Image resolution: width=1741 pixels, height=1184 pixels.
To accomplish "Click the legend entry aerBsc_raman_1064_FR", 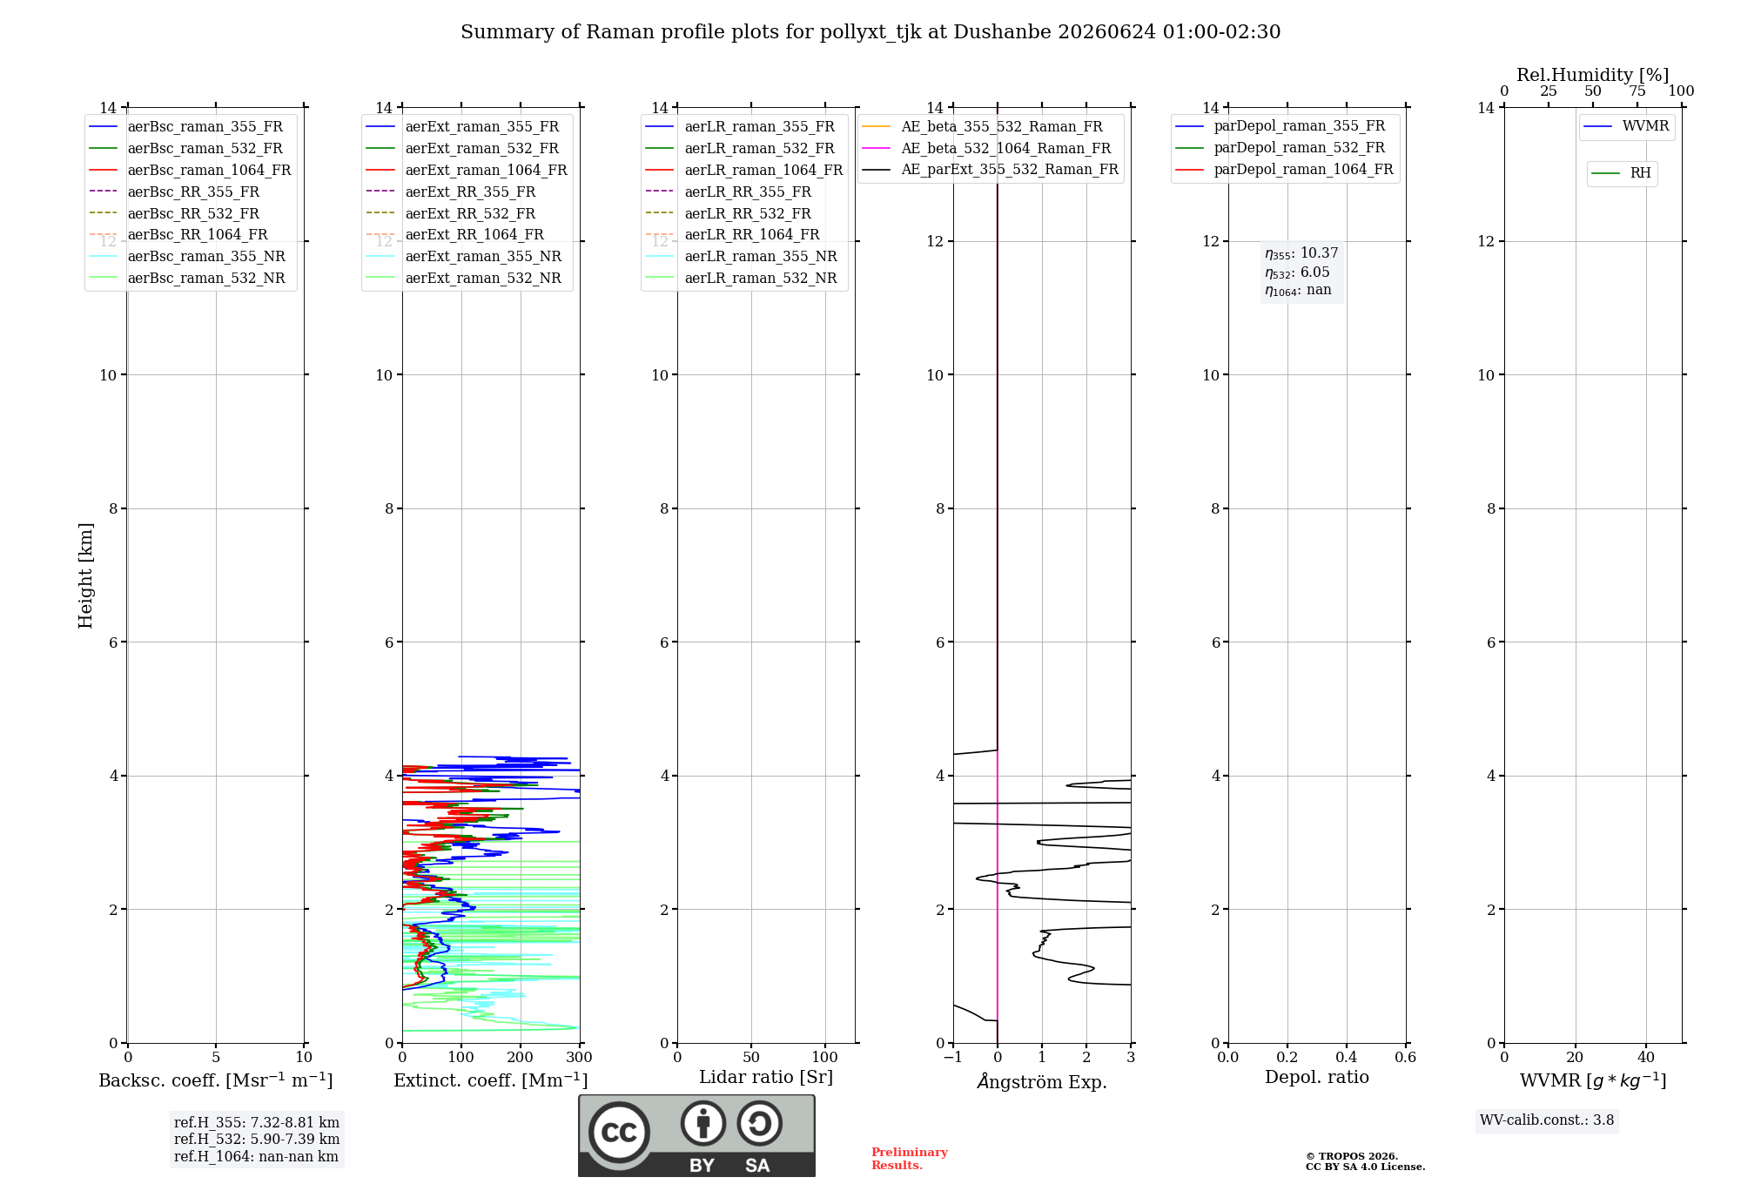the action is pos(190,171).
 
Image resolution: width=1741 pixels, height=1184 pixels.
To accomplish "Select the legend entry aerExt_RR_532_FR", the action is pos(451,213).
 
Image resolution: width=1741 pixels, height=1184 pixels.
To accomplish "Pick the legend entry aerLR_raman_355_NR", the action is pos(741,257).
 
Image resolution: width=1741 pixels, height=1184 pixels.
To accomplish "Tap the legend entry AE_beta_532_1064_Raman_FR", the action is pos(986,149).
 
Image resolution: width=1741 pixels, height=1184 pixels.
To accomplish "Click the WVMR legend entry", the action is pos(1626,126).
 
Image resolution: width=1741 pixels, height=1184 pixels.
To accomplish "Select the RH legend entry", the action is pos(1621,173).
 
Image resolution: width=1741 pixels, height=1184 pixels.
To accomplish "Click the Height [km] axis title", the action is pos(85,575).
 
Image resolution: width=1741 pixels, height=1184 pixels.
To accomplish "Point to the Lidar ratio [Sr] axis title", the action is pos(766,1077).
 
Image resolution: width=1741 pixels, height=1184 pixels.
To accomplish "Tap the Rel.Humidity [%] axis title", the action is pos(1593,75).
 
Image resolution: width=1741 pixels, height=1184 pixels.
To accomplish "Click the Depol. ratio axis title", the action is pos(1317,1077).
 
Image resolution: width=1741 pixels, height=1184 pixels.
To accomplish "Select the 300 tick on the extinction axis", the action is pos(579,1057).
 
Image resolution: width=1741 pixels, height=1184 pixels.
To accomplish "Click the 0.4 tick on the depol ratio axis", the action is pos(1347,1057).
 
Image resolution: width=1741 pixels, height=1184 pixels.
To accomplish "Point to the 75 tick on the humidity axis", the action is pos(1637,91).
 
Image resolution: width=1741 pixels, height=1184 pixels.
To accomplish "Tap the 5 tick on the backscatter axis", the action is pos(216,1057).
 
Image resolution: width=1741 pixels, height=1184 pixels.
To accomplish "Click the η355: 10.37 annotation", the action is pos(1301,253).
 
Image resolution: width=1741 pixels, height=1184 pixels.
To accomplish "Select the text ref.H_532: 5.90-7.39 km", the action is pos(257,1139).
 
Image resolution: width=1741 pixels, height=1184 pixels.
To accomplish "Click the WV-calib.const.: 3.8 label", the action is pos(1547,1120).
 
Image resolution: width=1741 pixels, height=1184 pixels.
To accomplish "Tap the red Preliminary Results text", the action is pos(910,1159).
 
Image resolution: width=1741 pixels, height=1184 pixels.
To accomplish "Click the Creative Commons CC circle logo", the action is pos(619,1133).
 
